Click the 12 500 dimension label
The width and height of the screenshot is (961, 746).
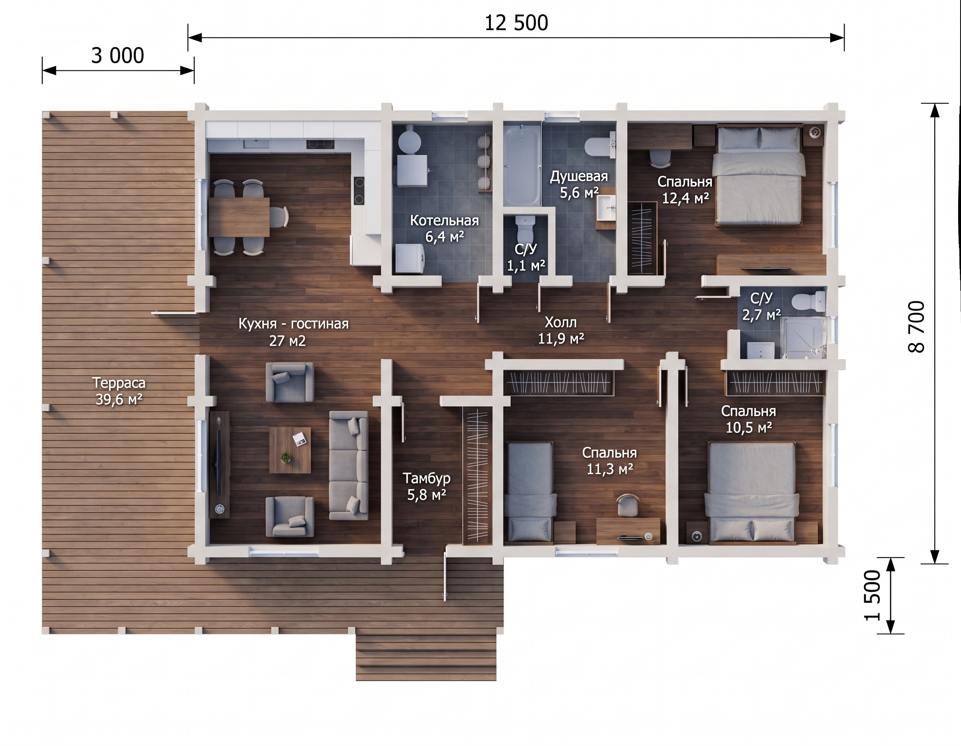point(516,23)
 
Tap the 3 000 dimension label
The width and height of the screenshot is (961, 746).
point(117,56)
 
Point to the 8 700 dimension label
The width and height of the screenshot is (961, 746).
point(916,326)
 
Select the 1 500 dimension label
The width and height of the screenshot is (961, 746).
point(873,595)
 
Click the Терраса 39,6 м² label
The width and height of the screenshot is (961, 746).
point(119,391)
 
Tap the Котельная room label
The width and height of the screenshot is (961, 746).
point(445,220)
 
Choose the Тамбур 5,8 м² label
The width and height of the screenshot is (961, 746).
point(427,486)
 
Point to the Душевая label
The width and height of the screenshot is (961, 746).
point(579,177)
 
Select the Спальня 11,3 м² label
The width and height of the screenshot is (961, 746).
point(609,461)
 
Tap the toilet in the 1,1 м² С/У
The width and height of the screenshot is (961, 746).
point(525,227)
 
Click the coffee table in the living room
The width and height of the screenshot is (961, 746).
point(290,450)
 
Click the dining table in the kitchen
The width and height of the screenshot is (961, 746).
point(238,217)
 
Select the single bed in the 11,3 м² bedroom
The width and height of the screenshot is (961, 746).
point(530,492)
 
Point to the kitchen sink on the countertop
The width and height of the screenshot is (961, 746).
point(256,144)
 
